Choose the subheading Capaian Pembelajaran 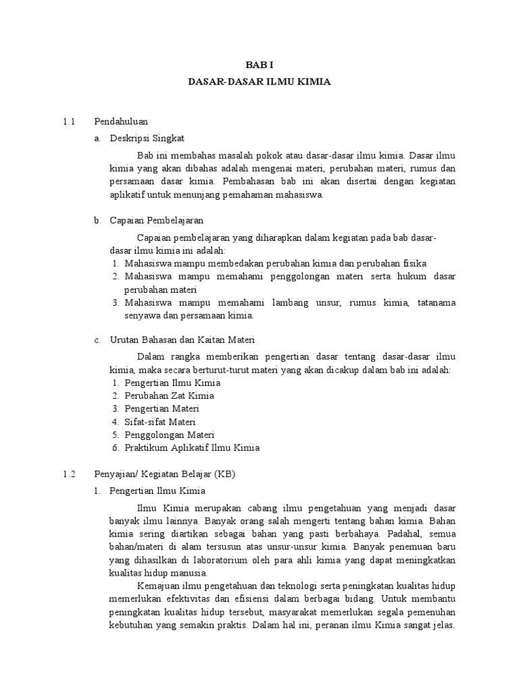pos(157,221)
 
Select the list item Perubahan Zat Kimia pos(169,395)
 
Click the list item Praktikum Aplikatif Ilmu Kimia pos(192,447)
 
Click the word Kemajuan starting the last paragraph pos(157,586)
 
